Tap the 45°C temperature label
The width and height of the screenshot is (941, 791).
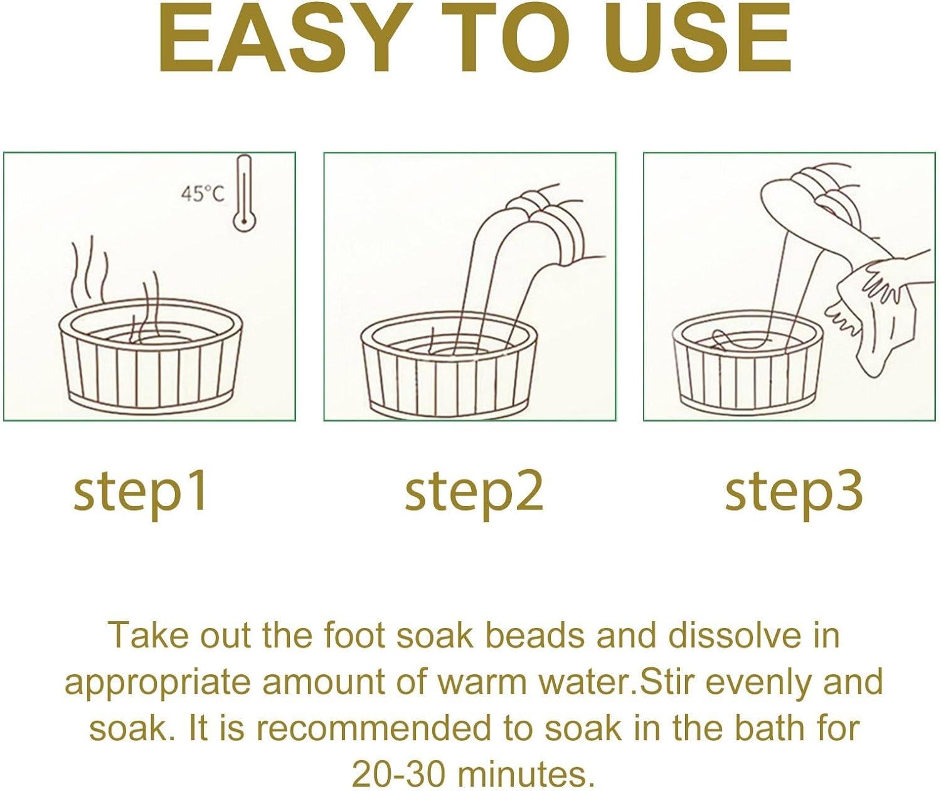203,194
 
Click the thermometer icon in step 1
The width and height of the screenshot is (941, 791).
244,194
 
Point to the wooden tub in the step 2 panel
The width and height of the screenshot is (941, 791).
450,368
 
